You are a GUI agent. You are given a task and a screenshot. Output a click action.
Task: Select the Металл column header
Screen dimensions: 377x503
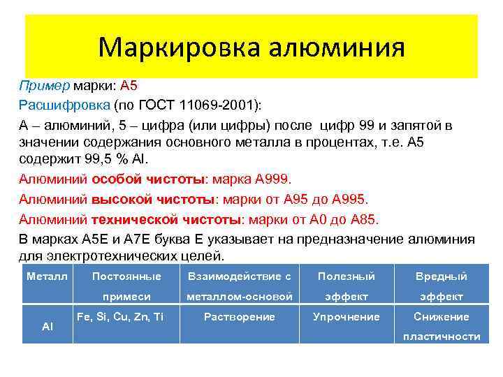[47, 276]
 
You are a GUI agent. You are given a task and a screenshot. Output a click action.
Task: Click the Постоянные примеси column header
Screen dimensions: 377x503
[126, 286]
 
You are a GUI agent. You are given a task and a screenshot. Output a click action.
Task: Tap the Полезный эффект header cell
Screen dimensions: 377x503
[346, 286]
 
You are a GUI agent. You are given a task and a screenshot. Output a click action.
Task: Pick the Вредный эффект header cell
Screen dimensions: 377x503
[441, 286]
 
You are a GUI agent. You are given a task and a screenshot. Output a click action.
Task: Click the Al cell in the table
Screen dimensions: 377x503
[48, 327]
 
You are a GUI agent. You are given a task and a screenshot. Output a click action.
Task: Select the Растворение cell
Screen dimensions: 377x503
[239, 317]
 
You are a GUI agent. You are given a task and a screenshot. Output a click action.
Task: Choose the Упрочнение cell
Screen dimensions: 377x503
[346, 317]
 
